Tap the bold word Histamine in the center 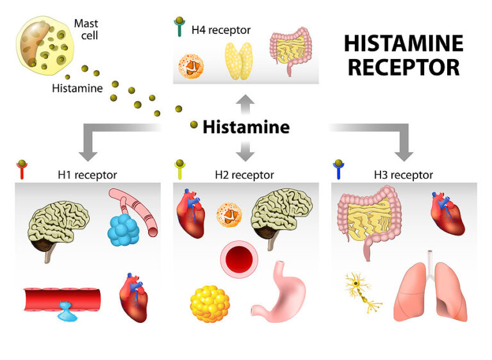pyautogui.click(x=246, y=127)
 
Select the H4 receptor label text pyautogui.click(x=221, y=30)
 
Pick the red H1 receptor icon pyautogui.click(x=21, y=170)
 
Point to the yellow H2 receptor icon pyautogui.click(x=180, y=170)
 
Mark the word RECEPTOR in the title pyautogui.click(x=403, y=68)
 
